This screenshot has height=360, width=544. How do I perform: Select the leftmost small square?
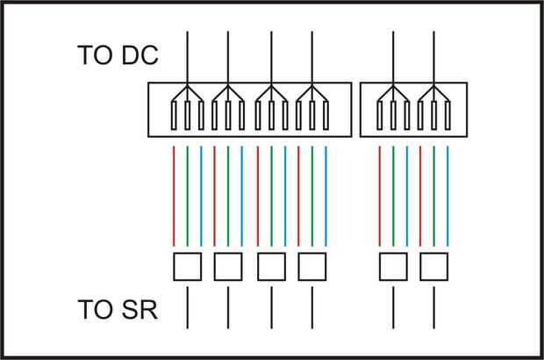click(187, 265)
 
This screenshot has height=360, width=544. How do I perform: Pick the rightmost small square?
click(433, 265)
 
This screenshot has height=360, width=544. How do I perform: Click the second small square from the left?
click(228, 265)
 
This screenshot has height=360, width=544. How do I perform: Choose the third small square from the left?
click(271, 265)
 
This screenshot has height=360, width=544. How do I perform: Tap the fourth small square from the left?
click(312, 265)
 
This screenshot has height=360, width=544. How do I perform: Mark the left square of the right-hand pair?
click(393, 265)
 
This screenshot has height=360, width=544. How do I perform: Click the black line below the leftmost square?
click(187, 307)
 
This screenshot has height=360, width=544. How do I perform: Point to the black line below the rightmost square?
click(433, 307)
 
